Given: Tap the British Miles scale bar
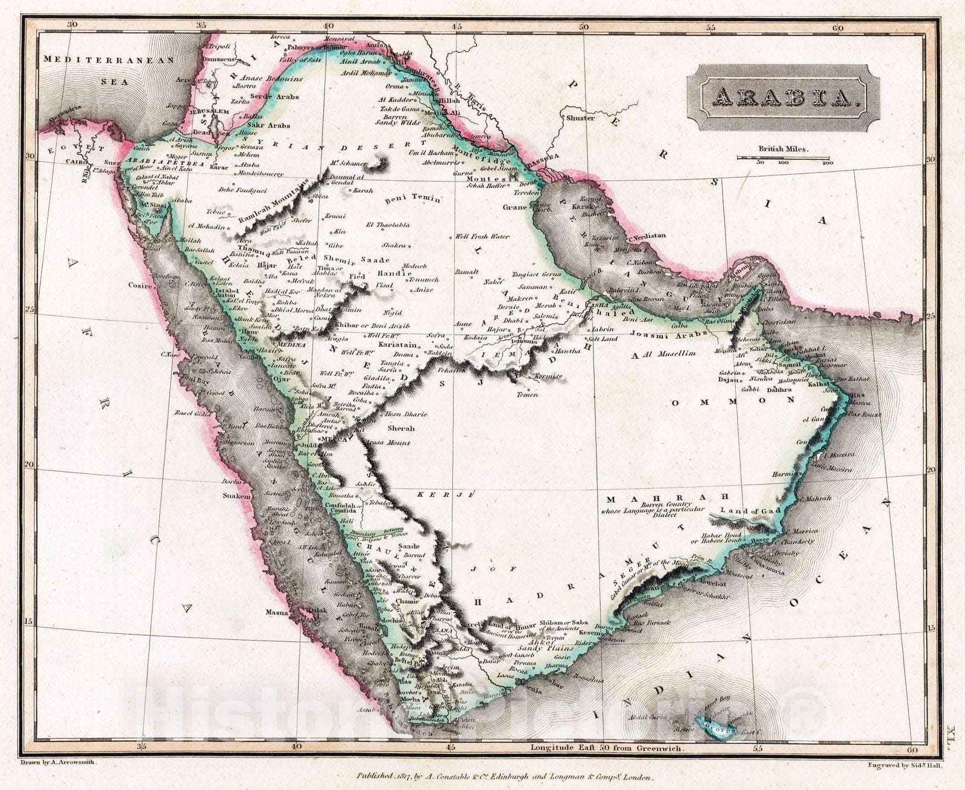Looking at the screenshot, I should tap(783, 158).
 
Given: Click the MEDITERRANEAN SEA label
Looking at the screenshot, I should tap(109, 70).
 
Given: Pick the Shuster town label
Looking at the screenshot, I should tap(580, 118).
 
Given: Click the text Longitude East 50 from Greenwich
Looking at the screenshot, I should tap(607, 748).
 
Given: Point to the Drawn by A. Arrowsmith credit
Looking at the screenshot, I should tap(58, 762).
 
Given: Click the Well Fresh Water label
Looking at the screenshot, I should tap(482, 237).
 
